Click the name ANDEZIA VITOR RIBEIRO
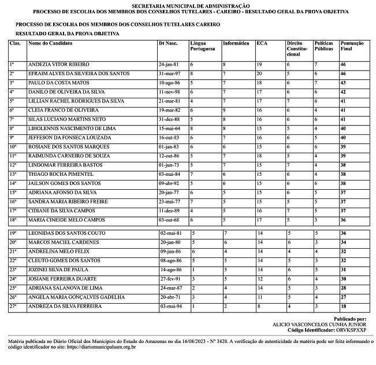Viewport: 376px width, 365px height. point(59,64)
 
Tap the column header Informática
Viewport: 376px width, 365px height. point(236,43)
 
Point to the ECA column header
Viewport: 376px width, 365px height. point(262,43)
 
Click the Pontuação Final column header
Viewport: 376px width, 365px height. point(352,46)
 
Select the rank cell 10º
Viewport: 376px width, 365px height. point(14,147)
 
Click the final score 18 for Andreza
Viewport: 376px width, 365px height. point(343,305)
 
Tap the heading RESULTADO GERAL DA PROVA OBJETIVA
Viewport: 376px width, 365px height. point(68,34)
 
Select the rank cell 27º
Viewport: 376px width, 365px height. point(14,305)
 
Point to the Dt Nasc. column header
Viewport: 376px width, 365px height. point(168,43)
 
